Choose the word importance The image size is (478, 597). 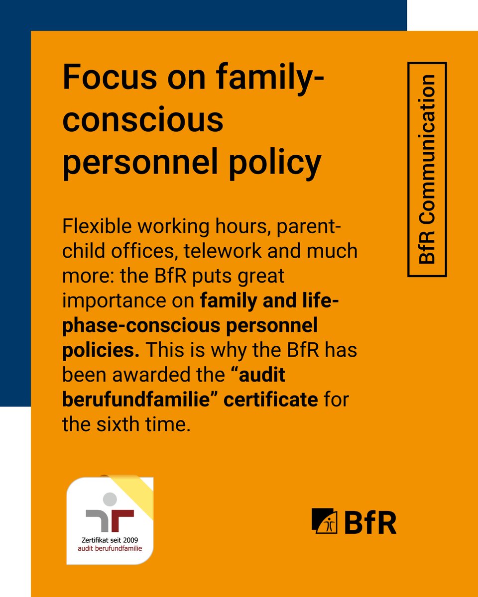(126, 300)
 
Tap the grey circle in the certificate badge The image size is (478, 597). (110, 498)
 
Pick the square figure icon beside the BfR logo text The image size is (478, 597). (325, 521)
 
